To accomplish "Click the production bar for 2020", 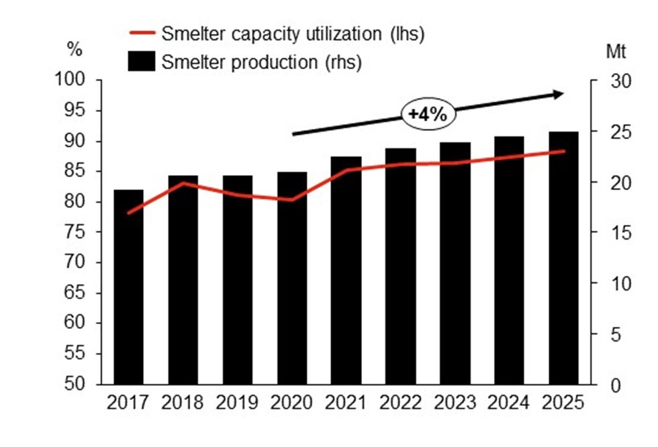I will (x=292, y=278).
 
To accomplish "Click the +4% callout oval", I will (x=428, y=114).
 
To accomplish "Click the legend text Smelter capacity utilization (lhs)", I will (x=293, y=34).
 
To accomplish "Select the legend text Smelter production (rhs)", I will (x=262, y=62).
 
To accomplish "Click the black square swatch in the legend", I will (x=142, y=62).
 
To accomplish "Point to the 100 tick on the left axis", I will (x=79, y=81).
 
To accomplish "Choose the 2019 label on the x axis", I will (x=237, y=403).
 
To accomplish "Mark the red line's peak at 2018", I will (x=183, y=183).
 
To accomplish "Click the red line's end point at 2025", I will (x=564, y=151).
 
